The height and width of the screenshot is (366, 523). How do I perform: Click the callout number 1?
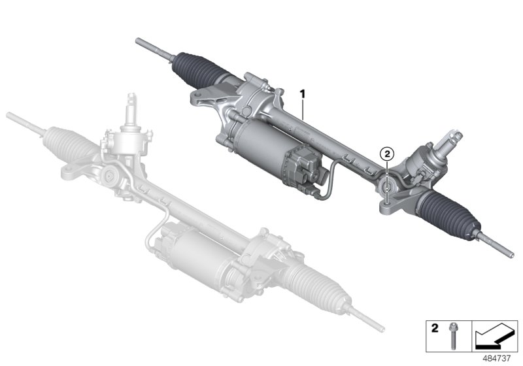pyautogui.click(x=303, y=93)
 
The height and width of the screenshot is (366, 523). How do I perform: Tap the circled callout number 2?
pyautogui.click(x=387, y=154)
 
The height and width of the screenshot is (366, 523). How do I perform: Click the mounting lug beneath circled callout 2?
pyautogui.click(x=387, y=190)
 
